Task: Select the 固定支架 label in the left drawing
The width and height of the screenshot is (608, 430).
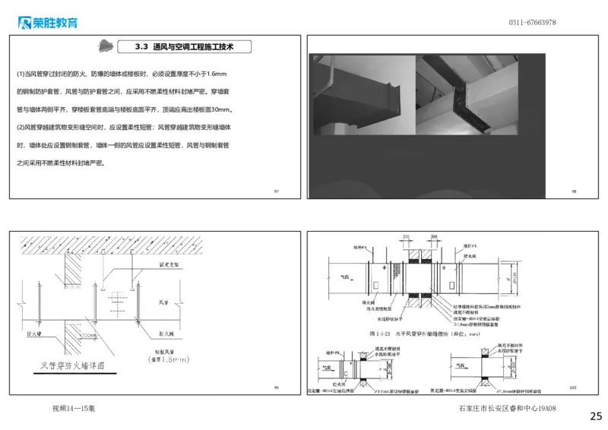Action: [168, 264]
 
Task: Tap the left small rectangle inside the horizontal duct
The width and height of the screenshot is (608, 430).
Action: [376, 285]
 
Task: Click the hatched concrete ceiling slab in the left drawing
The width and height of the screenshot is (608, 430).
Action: [114, 244]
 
